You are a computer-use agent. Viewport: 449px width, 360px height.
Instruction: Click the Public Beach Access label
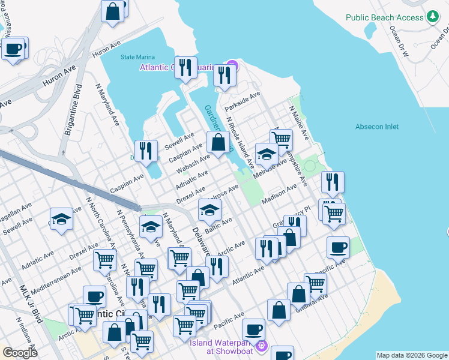384,17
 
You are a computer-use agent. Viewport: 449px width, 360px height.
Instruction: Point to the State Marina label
134,57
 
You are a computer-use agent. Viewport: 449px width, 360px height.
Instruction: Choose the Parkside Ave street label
243,101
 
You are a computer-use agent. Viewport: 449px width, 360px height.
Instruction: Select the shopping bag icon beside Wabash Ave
218,142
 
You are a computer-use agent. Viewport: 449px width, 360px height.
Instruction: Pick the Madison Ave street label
280,196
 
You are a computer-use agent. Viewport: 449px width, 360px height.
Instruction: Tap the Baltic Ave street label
218,228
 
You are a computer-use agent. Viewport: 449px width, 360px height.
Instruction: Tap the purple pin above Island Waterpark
261,346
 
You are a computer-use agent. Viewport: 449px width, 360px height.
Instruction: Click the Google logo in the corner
20,353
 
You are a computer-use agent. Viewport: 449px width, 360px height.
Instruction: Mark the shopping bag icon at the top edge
112,11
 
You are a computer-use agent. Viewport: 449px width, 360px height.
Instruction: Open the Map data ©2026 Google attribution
411,355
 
